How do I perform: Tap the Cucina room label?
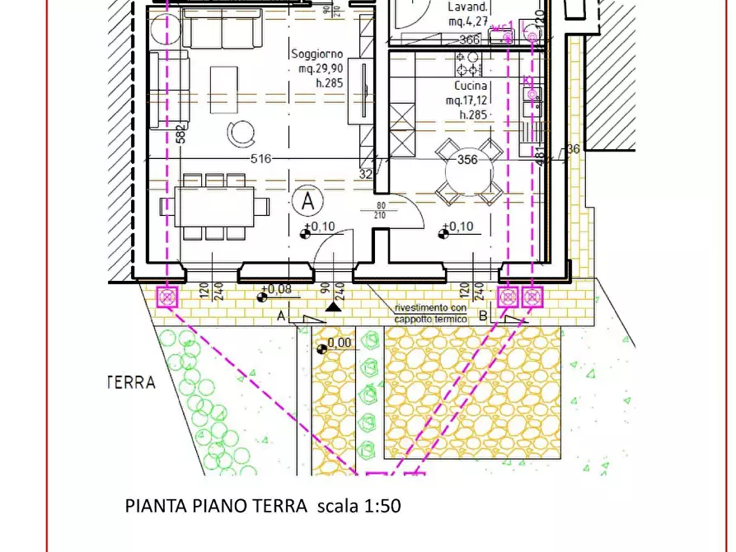pos(471,86)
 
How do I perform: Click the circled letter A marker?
pos(308,199)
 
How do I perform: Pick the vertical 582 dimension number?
pos(180,133)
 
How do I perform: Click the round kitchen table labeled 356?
pos(468,170)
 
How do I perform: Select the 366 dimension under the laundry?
pos(469,40)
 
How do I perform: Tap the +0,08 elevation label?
pos(276,289)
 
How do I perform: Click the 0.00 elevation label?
pos(339,343)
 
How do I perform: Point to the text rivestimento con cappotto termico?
pos(430,313)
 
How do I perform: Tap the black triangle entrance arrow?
pos(332,306)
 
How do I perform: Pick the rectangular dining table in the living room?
pos(213,207)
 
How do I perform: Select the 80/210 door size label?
pos(381,211)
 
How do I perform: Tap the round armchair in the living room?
pos(242,131)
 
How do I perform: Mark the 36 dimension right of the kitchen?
pos(574,149)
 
